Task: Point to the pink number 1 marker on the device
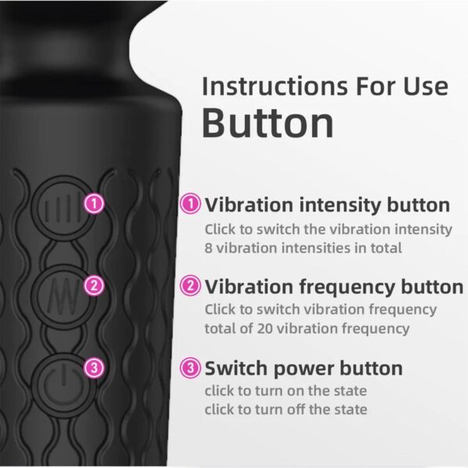(94, 204)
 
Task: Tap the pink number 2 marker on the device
(94, 285)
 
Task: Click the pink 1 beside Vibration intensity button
(190, 205)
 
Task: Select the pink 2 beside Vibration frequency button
(190, 285)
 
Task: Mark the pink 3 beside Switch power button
(190, 367)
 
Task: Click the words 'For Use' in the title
(404, 86)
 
